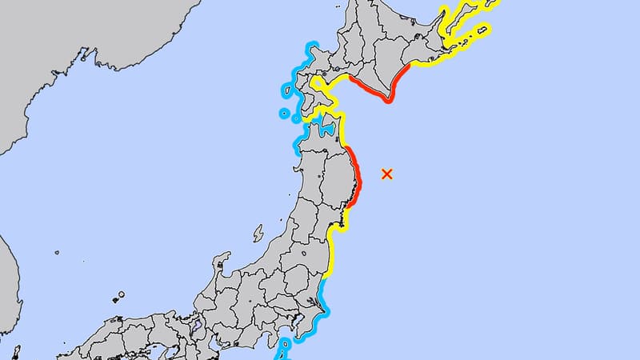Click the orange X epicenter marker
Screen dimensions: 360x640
[x=387, y=174]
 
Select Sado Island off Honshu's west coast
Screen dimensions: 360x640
[x=258, y=234]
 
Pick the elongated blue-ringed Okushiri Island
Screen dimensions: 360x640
[x=285, y=92]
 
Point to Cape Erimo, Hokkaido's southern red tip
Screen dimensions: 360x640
[x=388, y=102]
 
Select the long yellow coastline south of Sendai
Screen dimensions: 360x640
[x=331, y=256]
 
